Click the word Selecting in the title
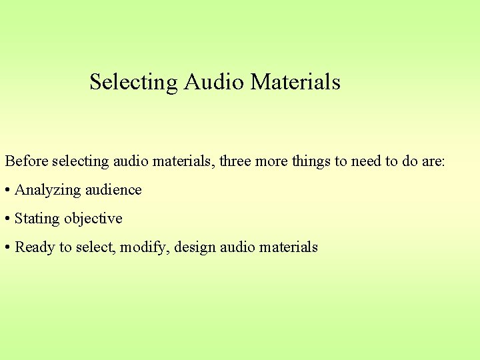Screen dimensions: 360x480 (133, 82)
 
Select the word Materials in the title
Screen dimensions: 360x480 (295, 82)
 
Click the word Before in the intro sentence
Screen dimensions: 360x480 (27, 161)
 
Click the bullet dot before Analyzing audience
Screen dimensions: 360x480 (7, 190)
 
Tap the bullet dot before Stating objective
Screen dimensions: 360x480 (7, 219)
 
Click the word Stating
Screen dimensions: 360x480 (36, 219)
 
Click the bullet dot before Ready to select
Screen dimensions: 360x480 (7, 247)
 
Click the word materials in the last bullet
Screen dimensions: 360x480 (289, 247)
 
